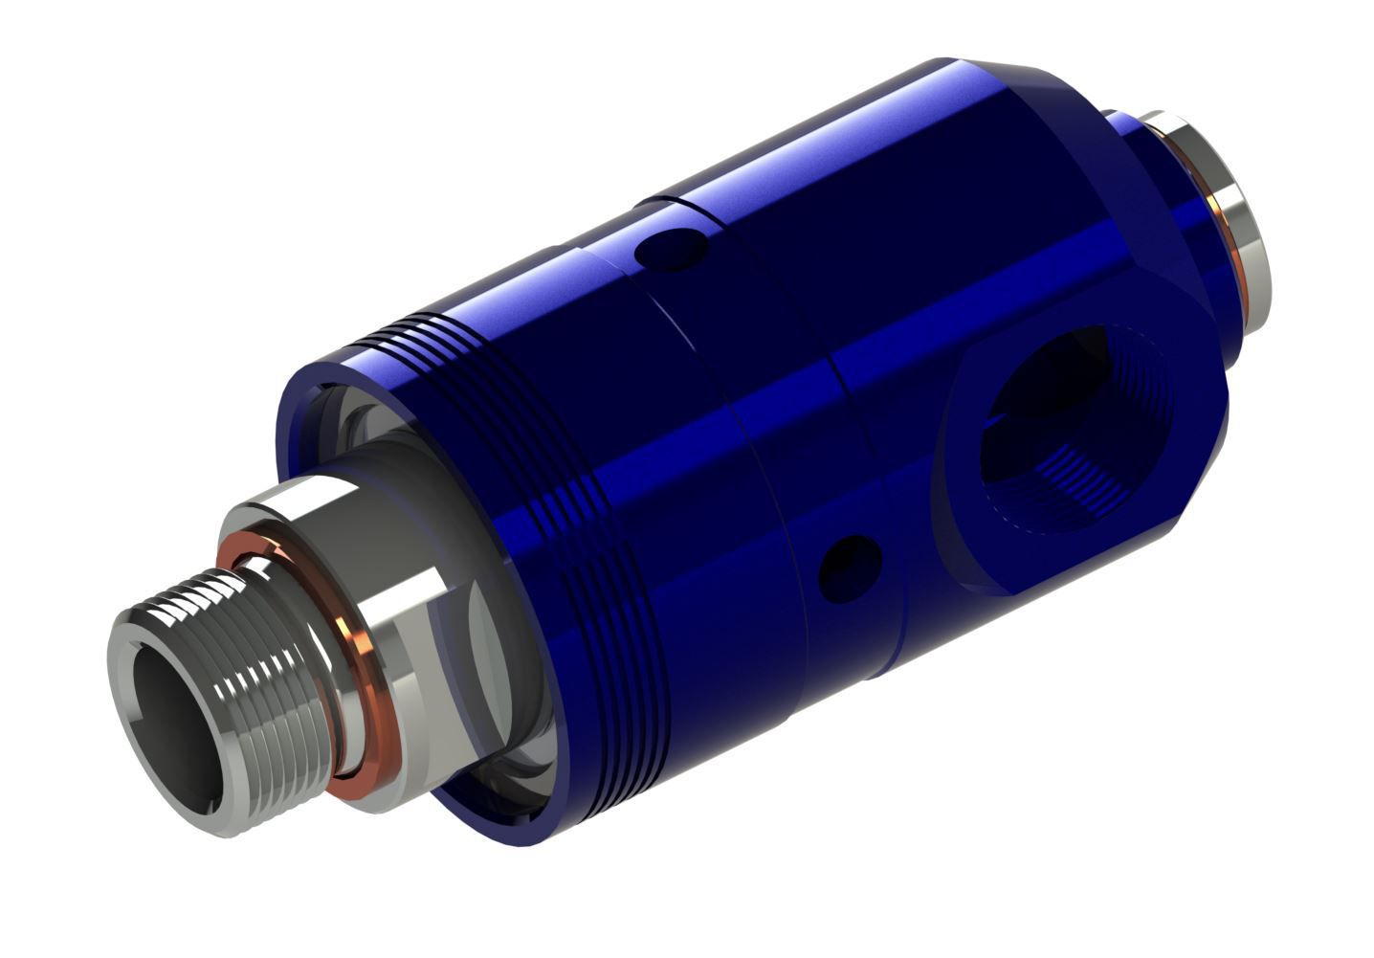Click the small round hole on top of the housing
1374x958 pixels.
(x=673, y=248)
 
